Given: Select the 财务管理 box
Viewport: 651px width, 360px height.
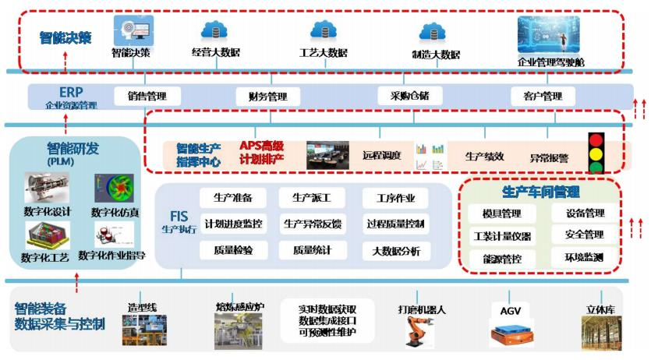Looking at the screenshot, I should [267, 97].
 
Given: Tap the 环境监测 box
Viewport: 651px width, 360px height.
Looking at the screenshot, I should [578, 256].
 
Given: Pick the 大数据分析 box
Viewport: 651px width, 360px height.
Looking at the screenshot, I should [395, 251].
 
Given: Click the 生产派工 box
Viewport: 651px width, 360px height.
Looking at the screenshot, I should [315, 197].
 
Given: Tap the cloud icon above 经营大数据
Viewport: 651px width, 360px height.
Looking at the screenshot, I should [214, 31].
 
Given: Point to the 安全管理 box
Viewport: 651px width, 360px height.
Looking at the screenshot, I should [578, 235].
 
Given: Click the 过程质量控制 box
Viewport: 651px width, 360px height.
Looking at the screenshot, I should [395, 224].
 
